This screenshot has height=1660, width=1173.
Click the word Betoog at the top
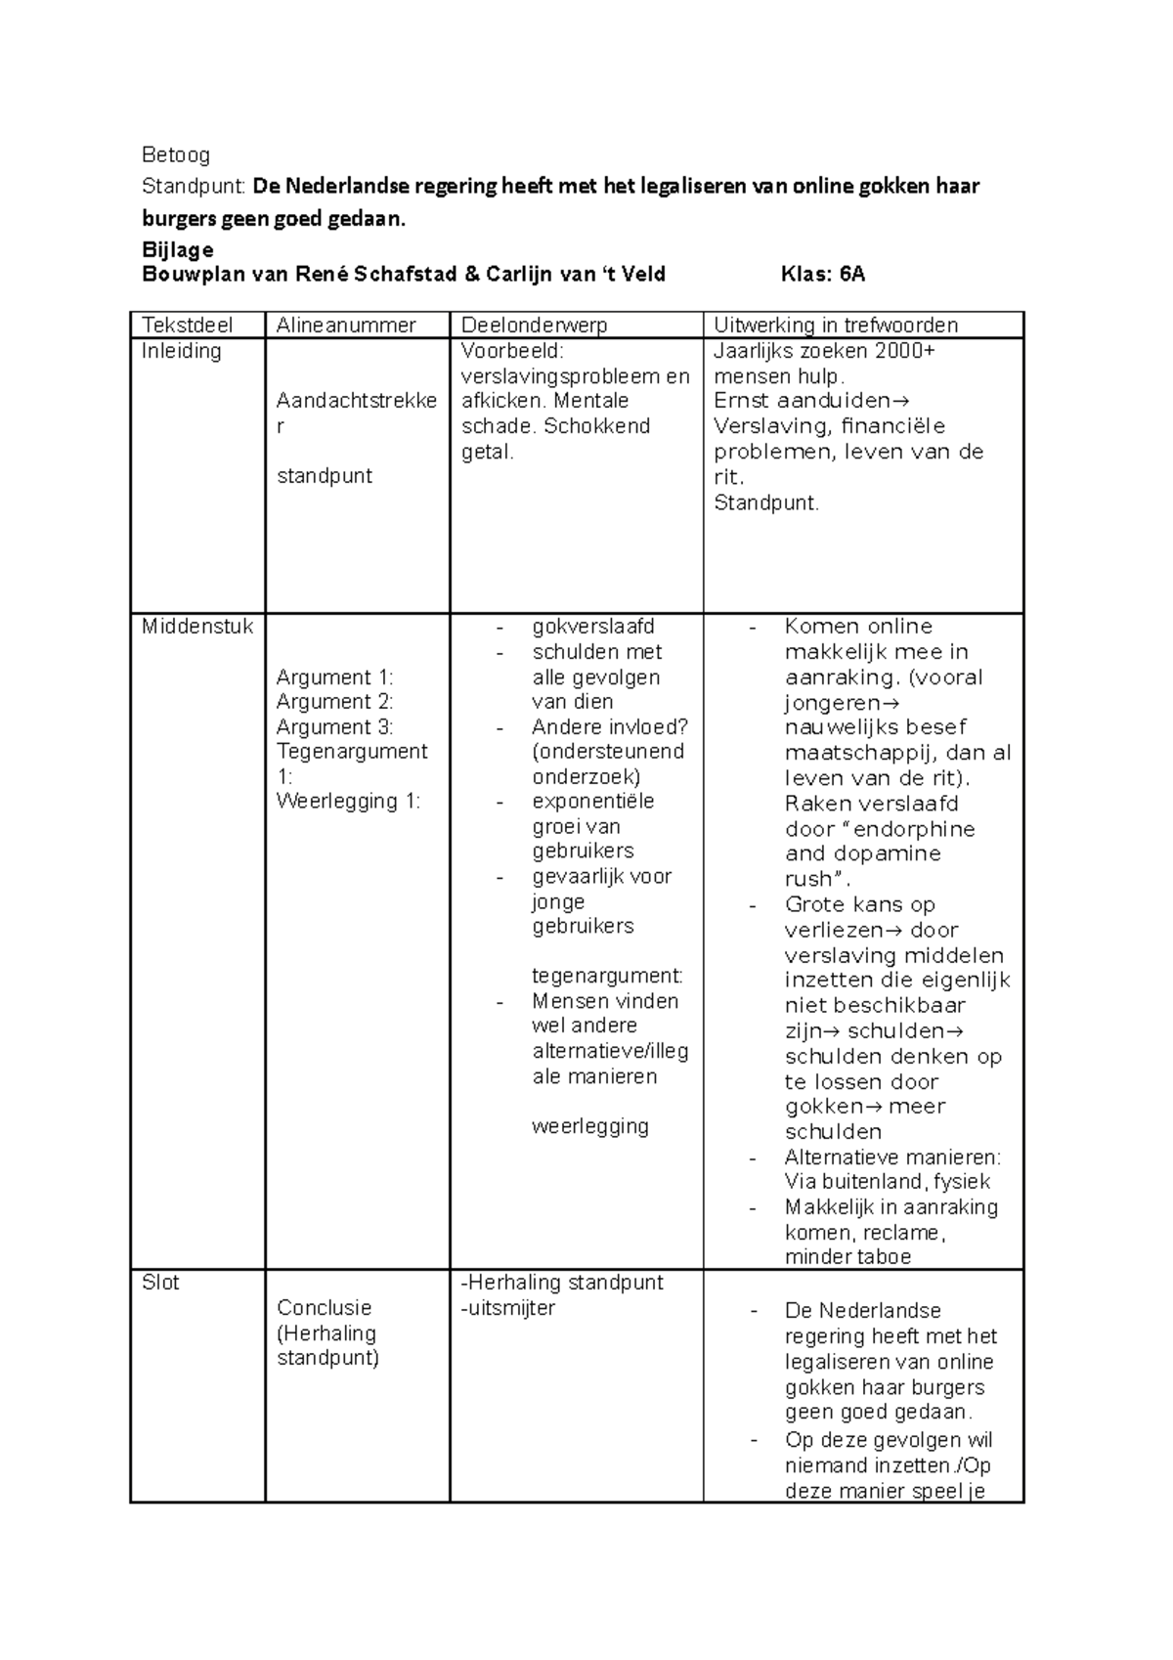pos(176,154)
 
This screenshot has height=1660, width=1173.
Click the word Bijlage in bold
pos(178,249)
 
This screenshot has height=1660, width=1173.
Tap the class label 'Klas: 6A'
pos(823,275)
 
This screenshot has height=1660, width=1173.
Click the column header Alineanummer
pos(346,326)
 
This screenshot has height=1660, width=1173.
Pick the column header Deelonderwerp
pos(535,326)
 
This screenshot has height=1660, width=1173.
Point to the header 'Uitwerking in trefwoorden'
pos(836,326)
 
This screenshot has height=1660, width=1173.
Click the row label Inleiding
pos(182,351)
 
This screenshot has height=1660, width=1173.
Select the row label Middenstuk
pos(197,627)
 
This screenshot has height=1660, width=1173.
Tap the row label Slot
pos(161,1283)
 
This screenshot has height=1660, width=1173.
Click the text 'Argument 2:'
pos(334,702)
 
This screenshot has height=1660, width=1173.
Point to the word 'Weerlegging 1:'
pos(348,802)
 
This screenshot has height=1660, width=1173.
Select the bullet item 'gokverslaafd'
pos(593,627)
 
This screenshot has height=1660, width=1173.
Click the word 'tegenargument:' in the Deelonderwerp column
pos(607,976)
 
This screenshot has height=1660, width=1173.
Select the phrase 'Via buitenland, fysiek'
pos(888,1182)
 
